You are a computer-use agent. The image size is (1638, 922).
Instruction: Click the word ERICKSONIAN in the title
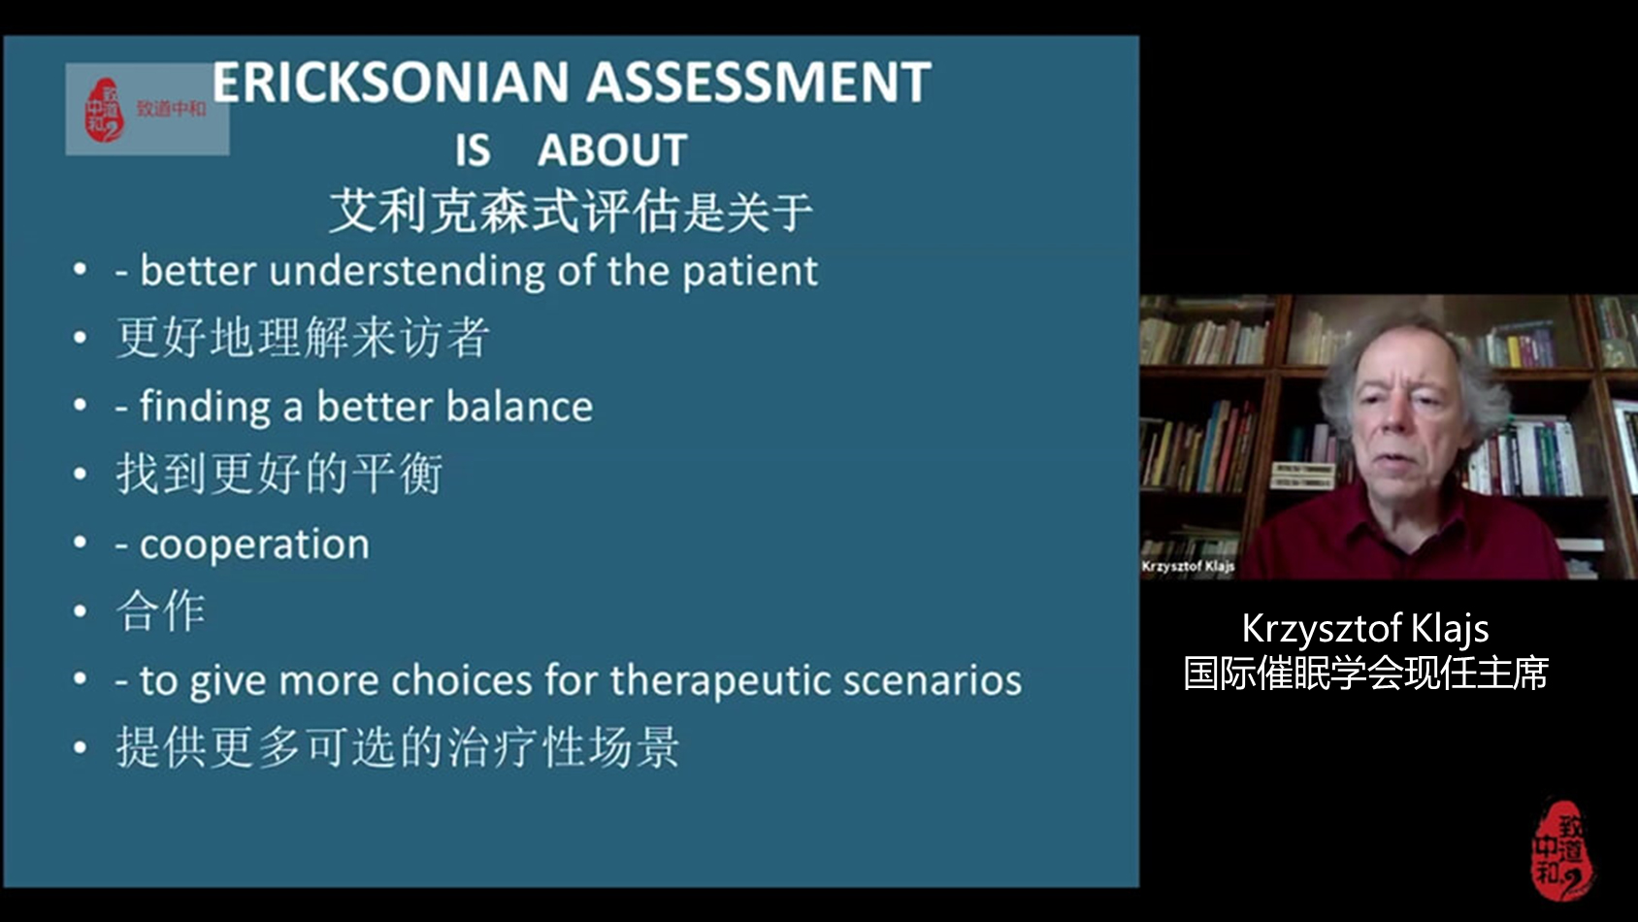pyautogui.click(x=390, y=82)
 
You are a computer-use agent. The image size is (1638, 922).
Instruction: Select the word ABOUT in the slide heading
pyautogui.click(x=612, y=149)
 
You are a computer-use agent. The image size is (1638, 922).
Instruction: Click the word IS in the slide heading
pyautogui.click(x=473, y=149)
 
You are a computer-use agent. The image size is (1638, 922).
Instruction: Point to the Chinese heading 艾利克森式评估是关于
pyautogui.click(x=571, y=212)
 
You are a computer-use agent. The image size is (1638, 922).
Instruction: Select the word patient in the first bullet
pyautogui.click(x=749, y=272)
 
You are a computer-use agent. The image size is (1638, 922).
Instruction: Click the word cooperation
pyautogui.click(x=254, y=544)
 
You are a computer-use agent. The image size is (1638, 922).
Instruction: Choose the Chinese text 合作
pyautogui.click(x=161, y=611)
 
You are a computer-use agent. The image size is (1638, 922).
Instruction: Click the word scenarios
pyautogui.click(x=933, y=680)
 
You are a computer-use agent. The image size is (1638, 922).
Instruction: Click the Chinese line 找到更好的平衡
pyautogui.click(x=279, y=474)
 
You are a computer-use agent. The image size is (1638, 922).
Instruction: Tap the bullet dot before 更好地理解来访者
pyautogui.click(x=81, y=338)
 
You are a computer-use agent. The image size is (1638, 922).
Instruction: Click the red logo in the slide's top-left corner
pyautogui.click(x=105, y=110)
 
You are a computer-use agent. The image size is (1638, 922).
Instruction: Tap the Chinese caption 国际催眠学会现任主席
pyautogui.click(x=1365, y=674)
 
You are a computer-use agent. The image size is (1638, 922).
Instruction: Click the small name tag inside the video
pyautogui.click(x=1188, y=566)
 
